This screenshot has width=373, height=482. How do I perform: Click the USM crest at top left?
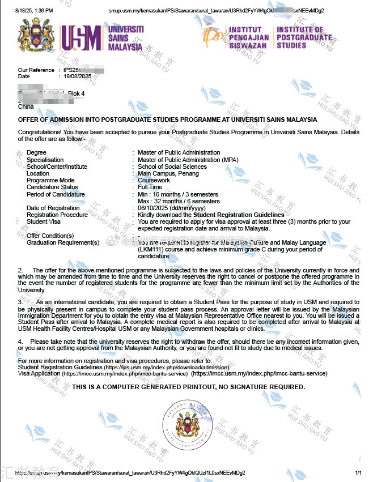pos(36,36)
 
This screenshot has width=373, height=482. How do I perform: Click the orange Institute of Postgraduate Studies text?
pos(304,37)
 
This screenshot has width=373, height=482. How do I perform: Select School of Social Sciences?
pos(172,167)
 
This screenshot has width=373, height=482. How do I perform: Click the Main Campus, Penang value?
pos(167,173)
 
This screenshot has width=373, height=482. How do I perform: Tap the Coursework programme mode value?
pos(154,180)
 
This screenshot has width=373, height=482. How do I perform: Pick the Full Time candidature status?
pos(150,187)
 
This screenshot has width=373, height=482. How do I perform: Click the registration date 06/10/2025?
pos(151,208)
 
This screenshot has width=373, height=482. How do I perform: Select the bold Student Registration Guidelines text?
pos(239,215)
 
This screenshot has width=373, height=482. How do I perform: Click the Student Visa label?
pos(44,221)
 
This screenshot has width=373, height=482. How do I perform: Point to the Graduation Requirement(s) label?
pos(63,242)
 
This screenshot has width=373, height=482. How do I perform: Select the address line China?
pos(26,106)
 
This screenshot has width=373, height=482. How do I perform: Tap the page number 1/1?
pos(358,472)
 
